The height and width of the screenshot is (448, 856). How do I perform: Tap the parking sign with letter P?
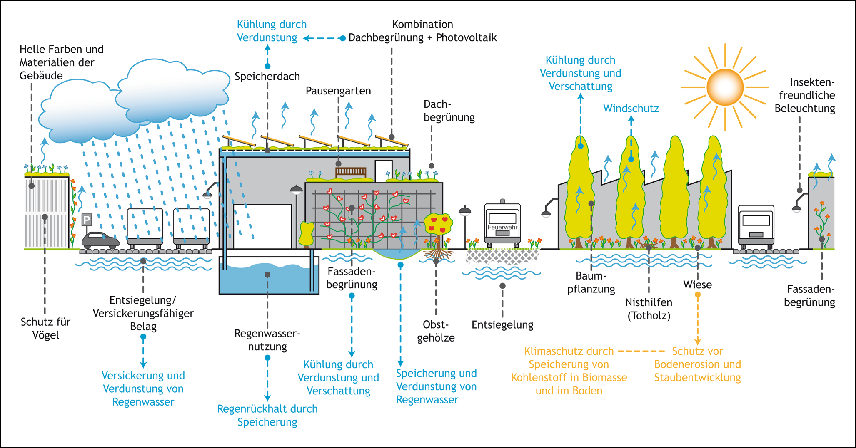coord(87,220)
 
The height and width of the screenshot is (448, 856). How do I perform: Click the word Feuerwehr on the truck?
coord(502,227)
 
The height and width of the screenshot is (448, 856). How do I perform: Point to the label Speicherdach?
coord(267,77)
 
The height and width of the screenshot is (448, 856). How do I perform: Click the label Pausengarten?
coord(338,91)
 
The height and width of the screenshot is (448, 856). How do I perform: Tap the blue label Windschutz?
coord(631,109)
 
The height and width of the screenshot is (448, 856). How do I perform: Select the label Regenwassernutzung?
coord(267,340)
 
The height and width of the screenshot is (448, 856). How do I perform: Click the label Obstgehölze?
coord(436,331)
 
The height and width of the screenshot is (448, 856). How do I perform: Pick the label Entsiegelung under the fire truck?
coord(502,324)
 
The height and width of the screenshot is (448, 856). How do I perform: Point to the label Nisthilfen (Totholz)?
coord(649,309)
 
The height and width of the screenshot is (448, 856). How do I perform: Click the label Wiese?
coord(697,285)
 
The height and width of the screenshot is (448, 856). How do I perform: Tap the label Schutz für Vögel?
coord(45,328)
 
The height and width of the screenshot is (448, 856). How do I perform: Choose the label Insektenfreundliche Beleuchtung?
coord(805,95)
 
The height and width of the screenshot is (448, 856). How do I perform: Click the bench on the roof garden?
coord(351,172)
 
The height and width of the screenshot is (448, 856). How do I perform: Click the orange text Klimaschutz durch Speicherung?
coord(569,371)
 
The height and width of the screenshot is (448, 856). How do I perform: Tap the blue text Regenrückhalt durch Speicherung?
coord(267,415)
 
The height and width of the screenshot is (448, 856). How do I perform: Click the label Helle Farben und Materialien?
coord(61,62)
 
